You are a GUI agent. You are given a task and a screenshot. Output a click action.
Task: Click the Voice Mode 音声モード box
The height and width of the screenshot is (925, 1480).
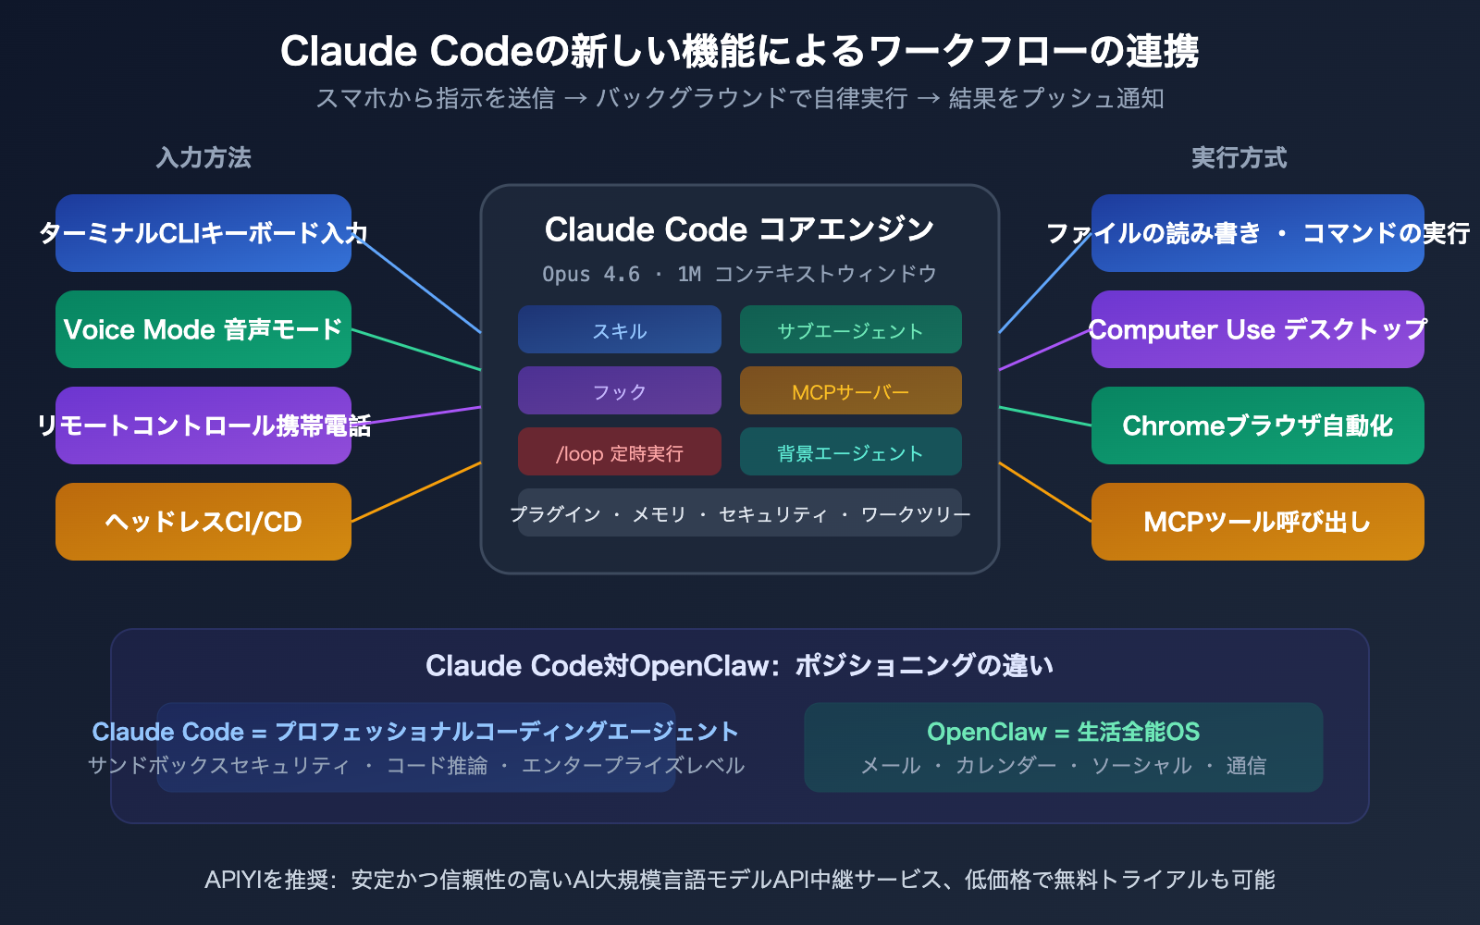tap(203, 329)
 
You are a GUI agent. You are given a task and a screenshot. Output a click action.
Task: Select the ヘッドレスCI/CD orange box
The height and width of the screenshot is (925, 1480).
tap(203, 522)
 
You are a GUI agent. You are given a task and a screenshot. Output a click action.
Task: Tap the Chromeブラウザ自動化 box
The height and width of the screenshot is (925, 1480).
tap(1257, 425)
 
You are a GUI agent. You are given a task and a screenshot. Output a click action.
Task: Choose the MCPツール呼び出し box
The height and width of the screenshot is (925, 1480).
tap(1257, 522)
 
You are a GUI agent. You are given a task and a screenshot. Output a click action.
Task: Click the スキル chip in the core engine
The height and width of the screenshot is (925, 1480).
tap(619, 330)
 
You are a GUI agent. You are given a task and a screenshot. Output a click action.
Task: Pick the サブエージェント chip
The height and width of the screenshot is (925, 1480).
tap(850, 330)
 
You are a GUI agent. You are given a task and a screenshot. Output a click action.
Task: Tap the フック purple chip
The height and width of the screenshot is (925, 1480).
tap(619, 391)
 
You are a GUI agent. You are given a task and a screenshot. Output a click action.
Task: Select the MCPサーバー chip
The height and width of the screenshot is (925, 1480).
tap(850, 391)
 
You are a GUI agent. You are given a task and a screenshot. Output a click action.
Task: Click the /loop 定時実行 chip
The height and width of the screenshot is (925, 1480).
tap(619, 452)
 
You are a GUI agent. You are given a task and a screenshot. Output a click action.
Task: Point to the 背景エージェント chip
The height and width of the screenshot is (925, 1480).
tap(850, 452)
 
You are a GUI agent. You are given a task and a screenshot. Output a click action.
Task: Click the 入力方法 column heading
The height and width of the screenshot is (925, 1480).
tap(203, 157)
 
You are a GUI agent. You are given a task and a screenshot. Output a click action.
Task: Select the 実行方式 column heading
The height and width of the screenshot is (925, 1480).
tap(1239, 157)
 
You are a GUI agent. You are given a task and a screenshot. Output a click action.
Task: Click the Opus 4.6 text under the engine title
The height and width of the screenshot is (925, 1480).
tap(591, 274)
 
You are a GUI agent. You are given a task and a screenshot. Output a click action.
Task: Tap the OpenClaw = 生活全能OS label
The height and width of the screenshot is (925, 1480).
tap(1063, 732)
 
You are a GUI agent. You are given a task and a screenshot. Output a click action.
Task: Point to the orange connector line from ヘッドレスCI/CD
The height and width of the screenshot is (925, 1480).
tap(416, 492)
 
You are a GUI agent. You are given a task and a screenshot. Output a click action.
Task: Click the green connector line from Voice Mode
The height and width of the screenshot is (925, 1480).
tap(416, 350)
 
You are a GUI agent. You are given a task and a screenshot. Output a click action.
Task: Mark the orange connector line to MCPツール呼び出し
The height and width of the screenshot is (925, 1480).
tap(1045, 492)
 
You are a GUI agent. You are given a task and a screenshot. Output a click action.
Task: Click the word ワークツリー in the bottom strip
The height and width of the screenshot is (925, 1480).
tap(916, 514)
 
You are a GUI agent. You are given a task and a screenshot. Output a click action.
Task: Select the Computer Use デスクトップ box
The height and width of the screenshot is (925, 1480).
tap(1257, 329)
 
